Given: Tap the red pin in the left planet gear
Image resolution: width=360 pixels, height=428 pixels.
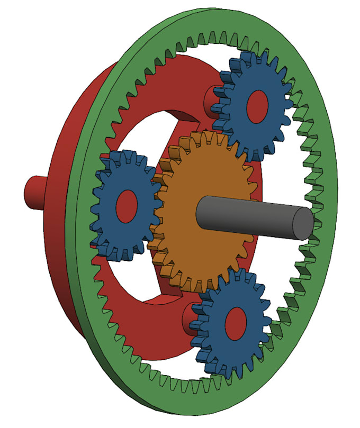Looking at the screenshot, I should coord(127,204).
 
